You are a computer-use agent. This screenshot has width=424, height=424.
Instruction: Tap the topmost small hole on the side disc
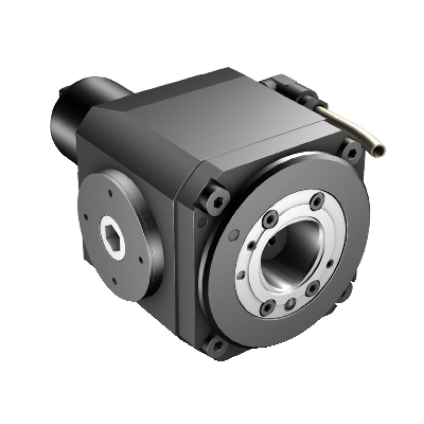(110, 193)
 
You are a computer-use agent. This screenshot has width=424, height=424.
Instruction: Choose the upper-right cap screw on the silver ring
(316, 201)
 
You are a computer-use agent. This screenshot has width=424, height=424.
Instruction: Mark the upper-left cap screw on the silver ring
(271, 218)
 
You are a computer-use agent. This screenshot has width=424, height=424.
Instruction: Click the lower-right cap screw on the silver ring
(313, 286)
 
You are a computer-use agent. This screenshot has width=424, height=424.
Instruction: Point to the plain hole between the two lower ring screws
(290, 303)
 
